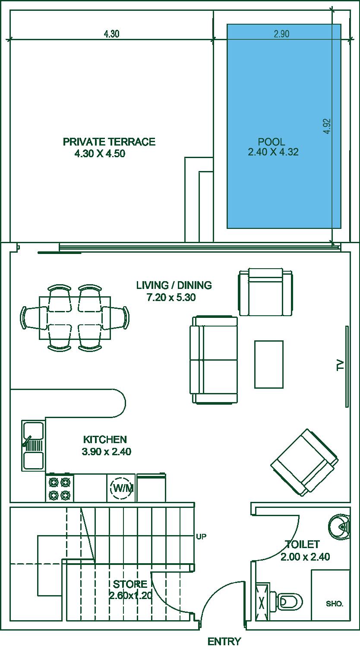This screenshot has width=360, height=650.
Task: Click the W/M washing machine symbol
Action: pos(121,488)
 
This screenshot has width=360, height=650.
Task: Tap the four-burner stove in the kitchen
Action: pos(60,488)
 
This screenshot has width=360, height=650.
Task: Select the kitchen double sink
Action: pos(33,445)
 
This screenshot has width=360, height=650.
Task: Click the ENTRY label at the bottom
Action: pos(224,642)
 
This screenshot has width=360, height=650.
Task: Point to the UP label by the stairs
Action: pos(201,537)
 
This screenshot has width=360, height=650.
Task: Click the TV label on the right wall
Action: pos(340,365)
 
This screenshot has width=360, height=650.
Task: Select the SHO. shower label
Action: pos(335,604)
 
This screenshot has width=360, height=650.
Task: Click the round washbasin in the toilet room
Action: pos(339,526)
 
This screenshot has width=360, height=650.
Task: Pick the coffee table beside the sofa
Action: pos(269,365)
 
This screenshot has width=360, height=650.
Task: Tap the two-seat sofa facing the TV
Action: pos(214,360)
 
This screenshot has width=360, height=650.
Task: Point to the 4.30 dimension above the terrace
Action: pos(112,34)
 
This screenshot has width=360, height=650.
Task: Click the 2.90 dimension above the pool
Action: pos(281,34)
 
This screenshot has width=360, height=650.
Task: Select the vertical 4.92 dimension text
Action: pos(327,126)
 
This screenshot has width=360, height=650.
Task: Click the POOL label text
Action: pos(272,142)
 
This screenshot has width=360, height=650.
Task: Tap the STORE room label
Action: pos(130,584)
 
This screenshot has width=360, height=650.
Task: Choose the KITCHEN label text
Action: pos(105,440)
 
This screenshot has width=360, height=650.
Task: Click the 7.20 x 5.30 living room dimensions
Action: pos(171,298)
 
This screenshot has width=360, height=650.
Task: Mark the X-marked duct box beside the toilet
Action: pos(262,602)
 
